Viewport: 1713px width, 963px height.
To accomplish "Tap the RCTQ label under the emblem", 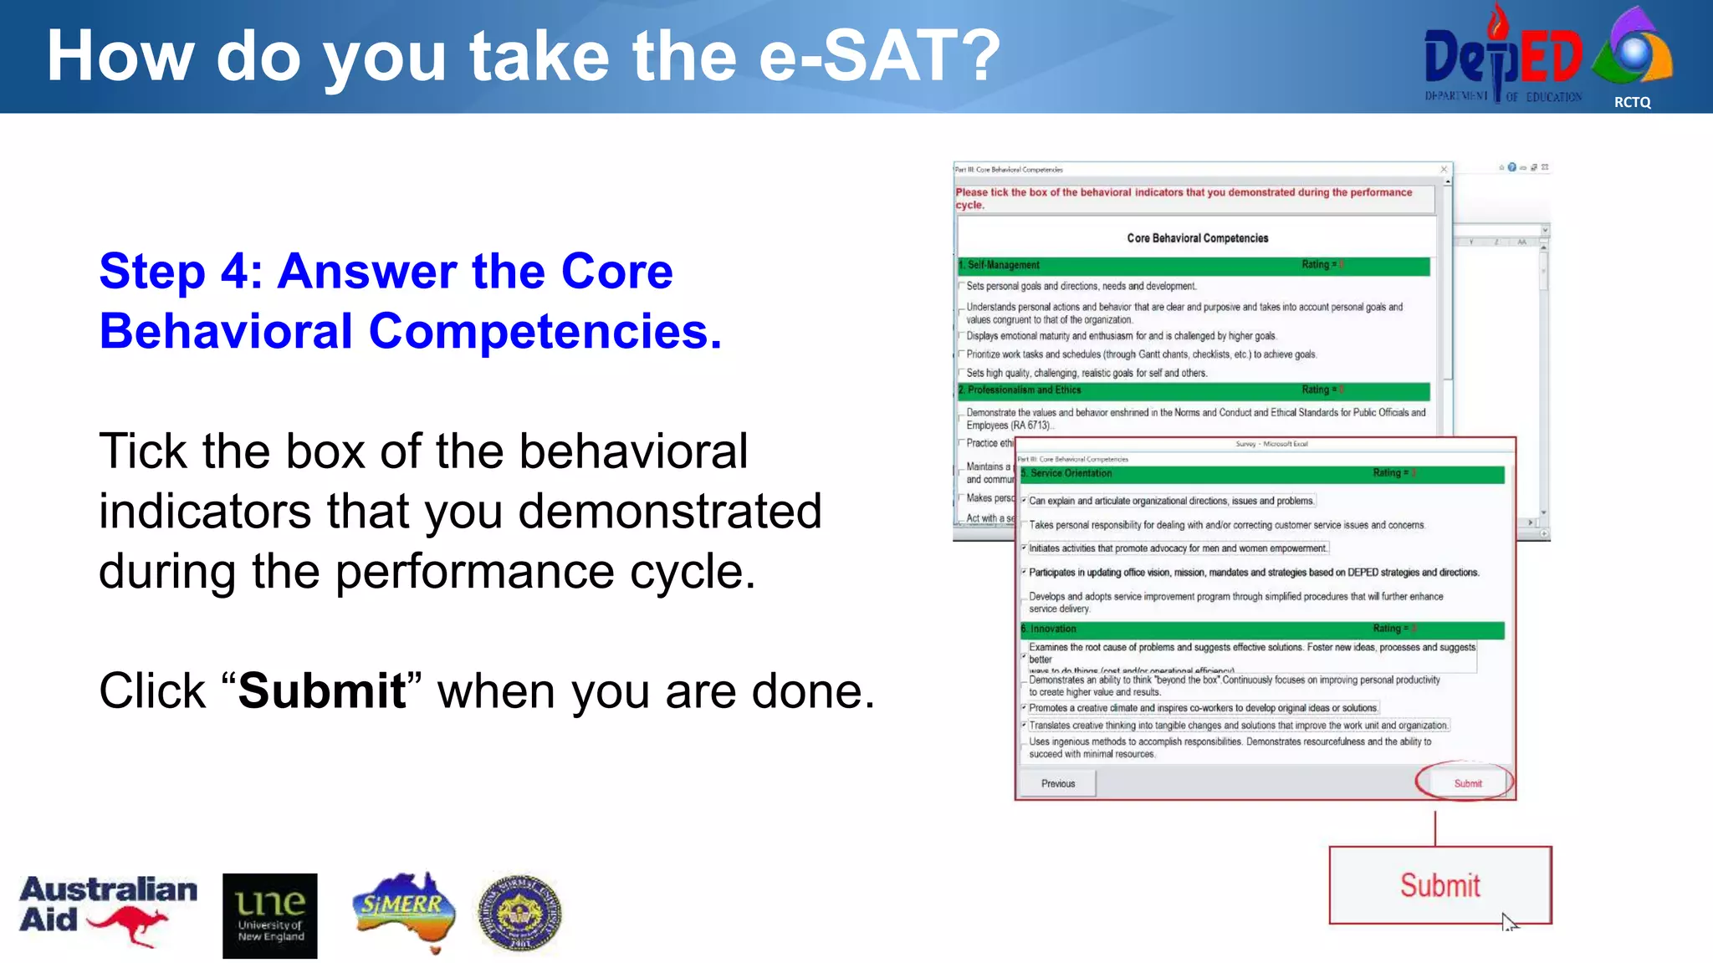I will [1632, 102].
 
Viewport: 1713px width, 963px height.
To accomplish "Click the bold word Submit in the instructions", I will [322, 690].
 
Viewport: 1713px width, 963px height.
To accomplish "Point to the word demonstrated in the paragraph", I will [669, 511].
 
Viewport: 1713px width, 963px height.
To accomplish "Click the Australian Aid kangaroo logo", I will [109, 911].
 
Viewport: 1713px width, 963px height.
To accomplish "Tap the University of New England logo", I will [269, 915].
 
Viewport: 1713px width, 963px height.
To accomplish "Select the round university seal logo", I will [519, 914].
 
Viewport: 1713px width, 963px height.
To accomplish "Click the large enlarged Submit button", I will [1439, 885].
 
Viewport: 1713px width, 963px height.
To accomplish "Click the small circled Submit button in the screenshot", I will [1467, 783].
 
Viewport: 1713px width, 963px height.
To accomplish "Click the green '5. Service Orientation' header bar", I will [1261, 474].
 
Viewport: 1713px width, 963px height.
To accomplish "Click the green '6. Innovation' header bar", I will [1261, 629].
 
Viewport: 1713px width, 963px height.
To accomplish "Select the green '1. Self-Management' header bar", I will [1193, 266].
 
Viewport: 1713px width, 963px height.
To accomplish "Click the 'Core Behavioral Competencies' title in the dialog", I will [1197, 238].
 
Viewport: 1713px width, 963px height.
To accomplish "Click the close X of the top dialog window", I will [1444, 170].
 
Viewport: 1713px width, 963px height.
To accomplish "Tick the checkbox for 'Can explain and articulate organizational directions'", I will [1024, 501].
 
